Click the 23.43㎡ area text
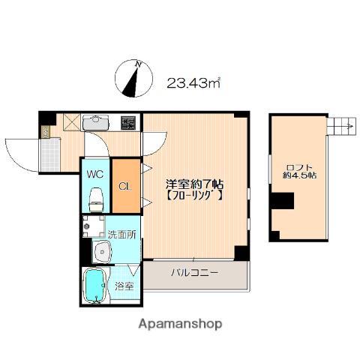[x=193, y=82]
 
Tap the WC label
[x=95, y=173]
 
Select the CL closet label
[x=124, y=187]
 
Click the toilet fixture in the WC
[x=96, y=199]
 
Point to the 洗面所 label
[x=121, y=233]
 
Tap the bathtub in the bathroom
[x=95, y=286]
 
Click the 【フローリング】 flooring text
[x=192, y=198]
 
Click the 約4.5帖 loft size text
[x=298, y=177]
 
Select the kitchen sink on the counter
[x=96, y=122]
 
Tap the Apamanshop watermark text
[x=180, y=324]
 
